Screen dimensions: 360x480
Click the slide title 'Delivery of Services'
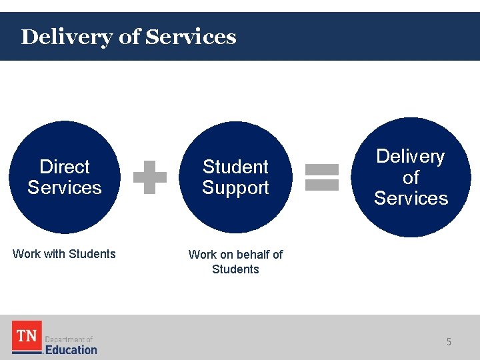pyautogui.click(x=129, y=37)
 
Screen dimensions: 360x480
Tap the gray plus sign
pyautogui.click(x=149, y=177)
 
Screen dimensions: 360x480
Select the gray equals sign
pyautogui.click(x=322, y=177)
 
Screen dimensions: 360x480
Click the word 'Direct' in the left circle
pyautogui.click(x=65, y=167)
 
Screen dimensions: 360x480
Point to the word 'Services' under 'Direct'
pyautogui.click(x=65, y=187)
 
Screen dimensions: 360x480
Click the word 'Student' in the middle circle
pyautogui.click(x=235, y=167)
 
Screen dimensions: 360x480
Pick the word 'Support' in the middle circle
pyautogui.click(x=235, y=188)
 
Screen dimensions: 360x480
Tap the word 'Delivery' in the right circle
pyautogui.click(x=411, y=157)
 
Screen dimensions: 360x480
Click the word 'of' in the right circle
pyautogui.click(x=411, y=177)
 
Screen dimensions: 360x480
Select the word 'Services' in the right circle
pyautogui.click(x=411, y=198)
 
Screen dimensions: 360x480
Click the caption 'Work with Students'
pyautogui.click(x=64, y=254)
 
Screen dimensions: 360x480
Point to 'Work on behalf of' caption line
pyautogui.click(x=235, y=255)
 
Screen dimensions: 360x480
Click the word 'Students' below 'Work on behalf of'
pyautogui.click(x=235, y=269)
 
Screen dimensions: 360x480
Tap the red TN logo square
pyautogui.click(x=27, y=337)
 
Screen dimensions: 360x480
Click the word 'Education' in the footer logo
pyautogui.click(x=71, y=349)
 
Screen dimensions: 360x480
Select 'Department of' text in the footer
pyautogui.click(x=69, y=339)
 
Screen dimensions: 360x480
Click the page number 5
pyautogui.click(x=449, y=342)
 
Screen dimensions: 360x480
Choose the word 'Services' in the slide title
pyautogui.click(x=191, y=37)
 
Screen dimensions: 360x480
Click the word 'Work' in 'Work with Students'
pyautogui.click(x=27, y=254)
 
